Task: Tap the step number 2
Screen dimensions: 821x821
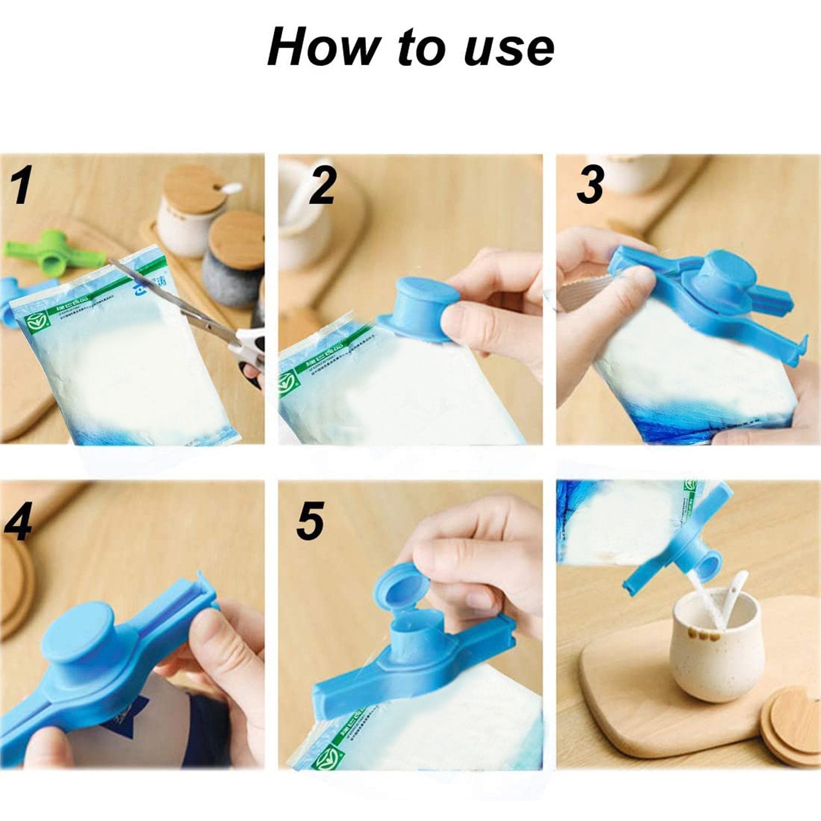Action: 322,186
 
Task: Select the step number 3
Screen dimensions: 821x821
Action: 591,185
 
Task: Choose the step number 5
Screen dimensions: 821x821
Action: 310,521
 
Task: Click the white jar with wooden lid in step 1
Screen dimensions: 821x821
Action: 189,208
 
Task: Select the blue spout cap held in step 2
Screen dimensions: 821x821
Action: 419,307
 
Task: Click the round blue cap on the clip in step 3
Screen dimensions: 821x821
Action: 724,268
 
